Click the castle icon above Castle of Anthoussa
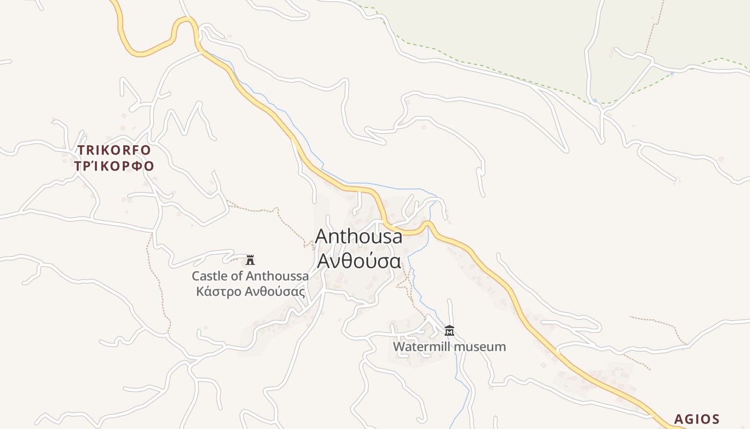[x=250, y=260]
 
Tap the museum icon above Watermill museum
[x=449, y=330]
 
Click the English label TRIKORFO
[x=114, y=150]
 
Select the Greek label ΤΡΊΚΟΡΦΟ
[x=114, y=166]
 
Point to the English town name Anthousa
[x=358, y=236]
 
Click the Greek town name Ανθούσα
[x=358, y=261]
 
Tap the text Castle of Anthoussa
[x=250, y=276]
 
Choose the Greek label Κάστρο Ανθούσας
[x=250, y=292]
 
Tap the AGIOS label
[x=696, y=419]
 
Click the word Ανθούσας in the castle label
[x=275, y=292]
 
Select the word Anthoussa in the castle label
[x=277, y=276]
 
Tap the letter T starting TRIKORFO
[x=82, y=150]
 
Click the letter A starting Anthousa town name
[x=322, y=236]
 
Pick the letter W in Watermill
[x=399, y=346]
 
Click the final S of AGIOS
[x=715, y=419]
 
